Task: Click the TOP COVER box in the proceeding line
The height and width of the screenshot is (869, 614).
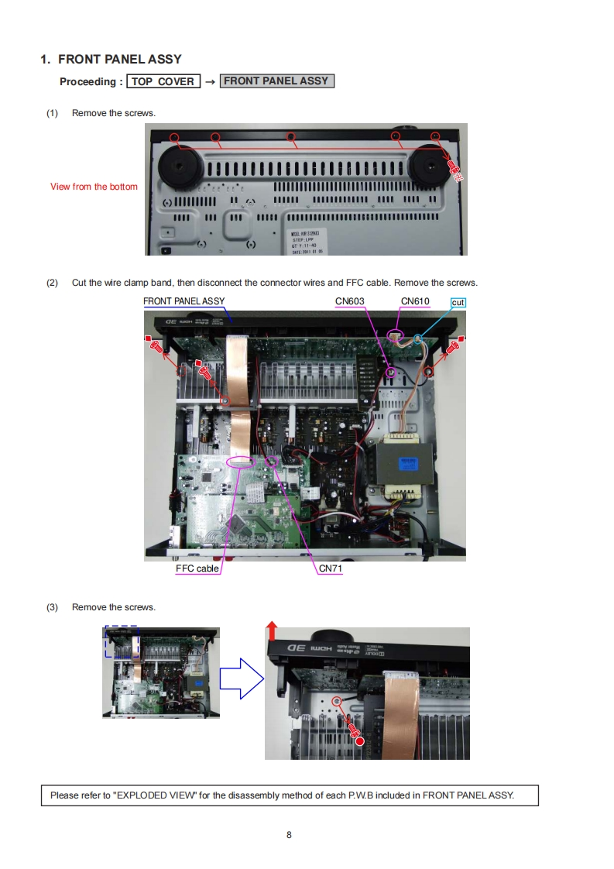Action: [163, 81]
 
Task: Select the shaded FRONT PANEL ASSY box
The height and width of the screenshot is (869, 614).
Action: [276, 81]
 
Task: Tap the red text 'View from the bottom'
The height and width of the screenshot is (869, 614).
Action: [94, 187]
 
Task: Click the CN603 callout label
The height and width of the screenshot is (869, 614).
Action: [349, 301]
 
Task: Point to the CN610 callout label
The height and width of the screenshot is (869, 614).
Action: [415, 301]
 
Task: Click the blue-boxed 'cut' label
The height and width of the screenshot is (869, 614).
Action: [458, 302]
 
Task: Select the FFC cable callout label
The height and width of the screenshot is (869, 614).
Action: [197, 568]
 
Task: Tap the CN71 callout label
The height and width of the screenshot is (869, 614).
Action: [331, 568]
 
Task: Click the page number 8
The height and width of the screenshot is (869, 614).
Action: [289, 835]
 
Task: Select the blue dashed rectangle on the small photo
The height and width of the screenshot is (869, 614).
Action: [122, 642]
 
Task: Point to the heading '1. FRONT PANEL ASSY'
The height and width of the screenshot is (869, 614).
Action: [111, 59]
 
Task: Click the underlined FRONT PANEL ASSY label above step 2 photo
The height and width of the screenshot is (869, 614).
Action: [184, 301]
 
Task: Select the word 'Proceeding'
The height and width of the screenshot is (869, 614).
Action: [88, 81]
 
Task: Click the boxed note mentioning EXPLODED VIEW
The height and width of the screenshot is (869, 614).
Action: [289, 795]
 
